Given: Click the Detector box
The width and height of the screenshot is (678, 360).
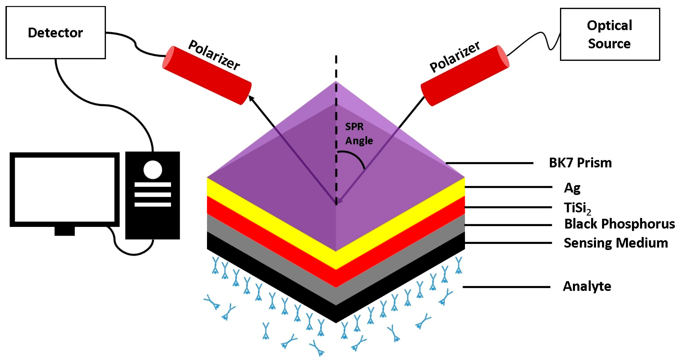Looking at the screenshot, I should click(56, 32).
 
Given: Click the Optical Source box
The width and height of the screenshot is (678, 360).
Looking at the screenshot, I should click(609, 34).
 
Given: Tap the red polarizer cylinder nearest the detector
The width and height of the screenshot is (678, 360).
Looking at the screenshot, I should click(207, 75).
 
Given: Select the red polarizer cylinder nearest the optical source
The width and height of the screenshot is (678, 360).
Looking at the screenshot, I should click(465, 75).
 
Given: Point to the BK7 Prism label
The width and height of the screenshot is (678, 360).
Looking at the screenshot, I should click(580, 163).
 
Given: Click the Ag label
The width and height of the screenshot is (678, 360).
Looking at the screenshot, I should click(572, 188).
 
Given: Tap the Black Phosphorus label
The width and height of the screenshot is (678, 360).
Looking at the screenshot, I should click(619, 224).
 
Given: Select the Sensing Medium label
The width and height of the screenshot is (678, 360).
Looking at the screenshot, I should click(615, 243).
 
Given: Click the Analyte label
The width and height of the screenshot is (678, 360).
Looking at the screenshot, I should click(587, 286).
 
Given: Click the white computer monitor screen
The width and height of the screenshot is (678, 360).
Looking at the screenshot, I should click(64, 189).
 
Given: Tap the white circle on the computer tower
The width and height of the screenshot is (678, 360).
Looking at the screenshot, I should click(153, 170).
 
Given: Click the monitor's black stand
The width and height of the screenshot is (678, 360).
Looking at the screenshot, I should click(64, 231).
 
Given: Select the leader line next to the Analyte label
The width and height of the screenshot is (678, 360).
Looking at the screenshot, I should click(506, 287).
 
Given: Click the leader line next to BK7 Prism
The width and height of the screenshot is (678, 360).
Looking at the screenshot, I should click(489, 163).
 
